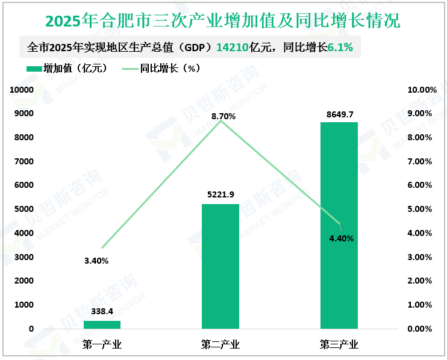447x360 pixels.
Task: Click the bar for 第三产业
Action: click(339, 226)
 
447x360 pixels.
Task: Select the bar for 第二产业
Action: click(220, 266)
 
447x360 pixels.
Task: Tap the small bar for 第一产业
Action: click(102, 324)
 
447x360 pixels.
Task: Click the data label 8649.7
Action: click(339, 114)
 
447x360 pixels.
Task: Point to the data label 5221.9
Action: click(220, 195)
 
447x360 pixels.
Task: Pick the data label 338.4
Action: click(102, 312)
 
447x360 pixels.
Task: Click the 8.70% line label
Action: click(223, 116)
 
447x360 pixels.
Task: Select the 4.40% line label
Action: click(341, 238)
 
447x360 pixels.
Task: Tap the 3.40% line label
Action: click(96, 261)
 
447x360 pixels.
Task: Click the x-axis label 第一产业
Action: click(102, 345)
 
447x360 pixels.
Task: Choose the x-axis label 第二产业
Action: click(220, 345)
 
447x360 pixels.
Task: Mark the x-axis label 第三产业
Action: click(339, 345)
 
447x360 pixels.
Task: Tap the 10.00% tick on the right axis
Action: click(422, 90)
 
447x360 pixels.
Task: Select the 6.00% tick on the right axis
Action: click(422, 185)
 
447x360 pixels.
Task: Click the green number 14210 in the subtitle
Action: click(232, 46)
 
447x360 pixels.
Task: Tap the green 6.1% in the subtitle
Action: click(340, 46)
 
